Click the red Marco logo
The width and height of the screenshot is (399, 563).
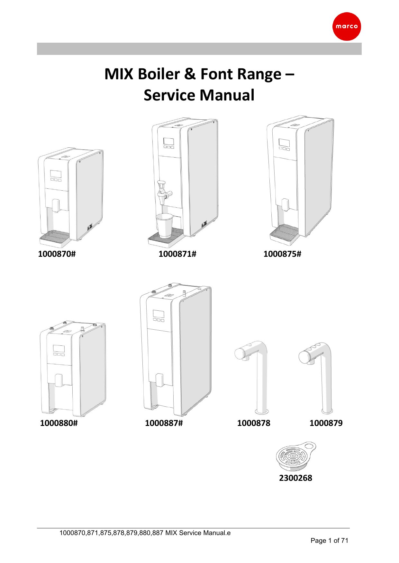tap(346, 26)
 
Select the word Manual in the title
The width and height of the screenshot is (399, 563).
tap(227, 95)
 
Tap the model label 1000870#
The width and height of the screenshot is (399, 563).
tap(57, 254)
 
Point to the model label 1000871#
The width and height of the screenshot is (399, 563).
tap(177, 254)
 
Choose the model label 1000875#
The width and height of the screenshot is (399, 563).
tap(282, 254)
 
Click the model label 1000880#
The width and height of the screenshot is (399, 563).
tap(59, 423)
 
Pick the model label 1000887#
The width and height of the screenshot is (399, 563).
tap(164, 423)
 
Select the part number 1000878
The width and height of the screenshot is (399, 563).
tap(254, 423)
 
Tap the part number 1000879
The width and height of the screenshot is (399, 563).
tap(326, 423)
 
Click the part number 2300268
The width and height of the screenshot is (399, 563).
tap(295, 478)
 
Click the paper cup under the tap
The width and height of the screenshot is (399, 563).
tap(164, 226)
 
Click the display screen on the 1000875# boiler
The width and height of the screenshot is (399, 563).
tap(284, 143)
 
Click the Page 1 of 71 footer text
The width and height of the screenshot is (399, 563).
tap(329, 541)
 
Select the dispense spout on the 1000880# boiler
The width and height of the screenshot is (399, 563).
tap(59, 380)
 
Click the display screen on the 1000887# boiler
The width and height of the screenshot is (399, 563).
tap(158, 314)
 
